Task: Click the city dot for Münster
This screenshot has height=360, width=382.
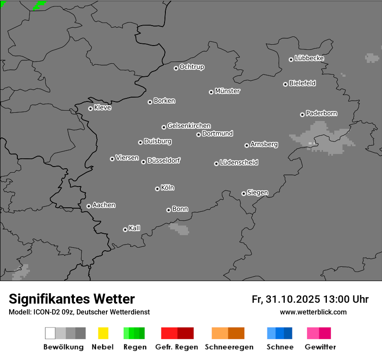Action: [211, 92]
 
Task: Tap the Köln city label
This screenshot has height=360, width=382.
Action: [168, 188]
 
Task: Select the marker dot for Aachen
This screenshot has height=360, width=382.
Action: [89, 206]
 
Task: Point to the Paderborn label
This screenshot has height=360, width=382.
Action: [322, 113]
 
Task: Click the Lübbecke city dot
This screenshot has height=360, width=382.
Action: [291, 59]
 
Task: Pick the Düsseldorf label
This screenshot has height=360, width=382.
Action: [164, 160]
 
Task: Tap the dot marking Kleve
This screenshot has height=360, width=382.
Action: [90, 108]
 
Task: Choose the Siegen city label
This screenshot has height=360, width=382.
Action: [257, 193]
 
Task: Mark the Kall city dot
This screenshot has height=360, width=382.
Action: [125, 229]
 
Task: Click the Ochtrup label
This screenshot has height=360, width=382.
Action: [192, 67]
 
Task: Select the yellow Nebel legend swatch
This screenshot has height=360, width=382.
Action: [103, 333]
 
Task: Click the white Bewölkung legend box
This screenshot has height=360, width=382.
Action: [50, 333]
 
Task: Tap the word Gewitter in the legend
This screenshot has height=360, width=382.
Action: [320, 347]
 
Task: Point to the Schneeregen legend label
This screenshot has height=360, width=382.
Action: [229, 347]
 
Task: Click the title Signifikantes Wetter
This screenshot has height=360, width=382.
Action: [72, 299]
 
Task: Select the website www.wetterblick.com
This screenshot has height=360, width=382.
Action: [313, 312]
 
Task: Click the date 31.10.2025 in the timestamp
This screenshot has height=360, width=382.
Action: [293, 299]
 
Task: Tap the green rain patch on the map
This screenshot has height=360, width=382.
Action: [39, 5]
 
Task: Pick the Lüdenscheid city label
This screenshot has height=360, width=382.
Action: [239, 163]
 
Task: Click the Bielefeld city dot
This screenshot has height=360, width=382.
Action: [285, 84]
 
